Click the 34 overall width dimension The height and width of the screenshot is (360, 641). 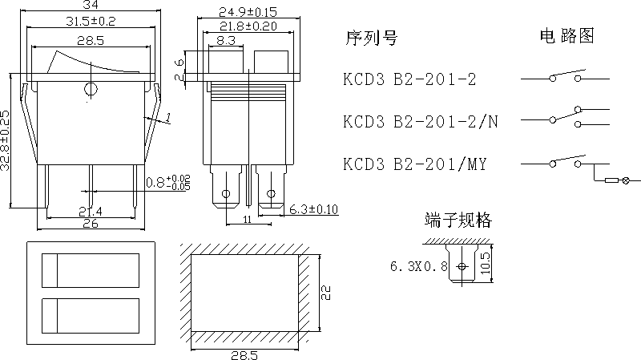[92, 6]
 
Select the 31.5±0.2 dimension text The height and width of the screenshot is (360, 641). [91, 22]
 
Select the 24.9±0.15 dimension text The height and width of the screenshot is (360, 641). [247, 11]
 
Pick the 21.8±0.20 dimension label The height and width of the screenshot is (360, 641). [247, 26]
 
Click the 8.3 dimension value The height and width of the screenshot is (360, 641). [225, 40]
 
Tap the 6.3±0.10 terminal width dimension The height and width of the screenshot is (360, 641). [313, 209]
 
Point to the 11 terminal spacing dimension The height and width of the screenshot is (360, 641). [247, 219]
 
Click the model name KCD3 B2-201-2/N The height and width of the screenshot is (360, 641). [421, 121]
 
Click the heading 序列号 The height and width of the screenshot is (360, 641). [370, 38]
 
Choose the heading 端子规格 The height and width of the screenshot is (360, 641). [458, 220]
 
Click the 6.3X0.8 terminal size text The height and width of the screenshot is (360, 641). [417, 266]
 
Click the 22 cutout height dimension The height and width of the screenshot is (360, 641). [325, 293]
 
